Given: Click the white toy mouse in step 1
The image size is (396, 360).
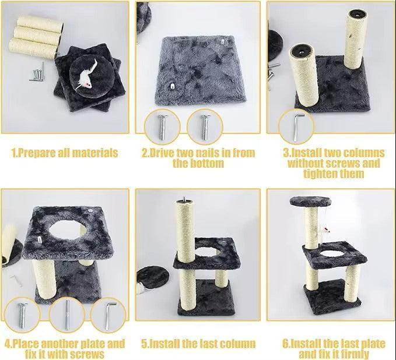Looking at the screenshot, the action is coord(86,75).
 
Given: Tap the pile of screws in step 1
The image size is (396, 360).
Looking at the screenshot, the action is coord(38,73).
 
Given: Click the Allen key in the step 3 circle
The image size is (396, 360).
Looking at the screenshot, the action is coord(297,127).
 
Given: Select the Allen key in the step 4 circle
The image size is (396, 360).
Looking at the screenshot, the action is coord(110,316).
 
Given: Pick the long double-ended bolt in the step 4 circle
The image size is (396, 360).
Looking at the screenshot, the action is coord(67,315).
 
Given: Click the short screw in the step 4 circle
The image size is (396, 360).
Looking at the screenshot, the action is coord(22,315).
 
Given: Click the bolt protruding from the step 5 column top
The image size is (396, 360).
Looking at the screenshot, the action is coord(184,199).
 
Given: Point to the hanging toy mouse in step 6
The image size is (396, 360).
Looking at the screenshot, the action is coord(325,230).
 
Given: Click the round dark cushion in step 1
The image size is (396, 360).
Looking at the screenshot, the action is coord(91,76).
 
